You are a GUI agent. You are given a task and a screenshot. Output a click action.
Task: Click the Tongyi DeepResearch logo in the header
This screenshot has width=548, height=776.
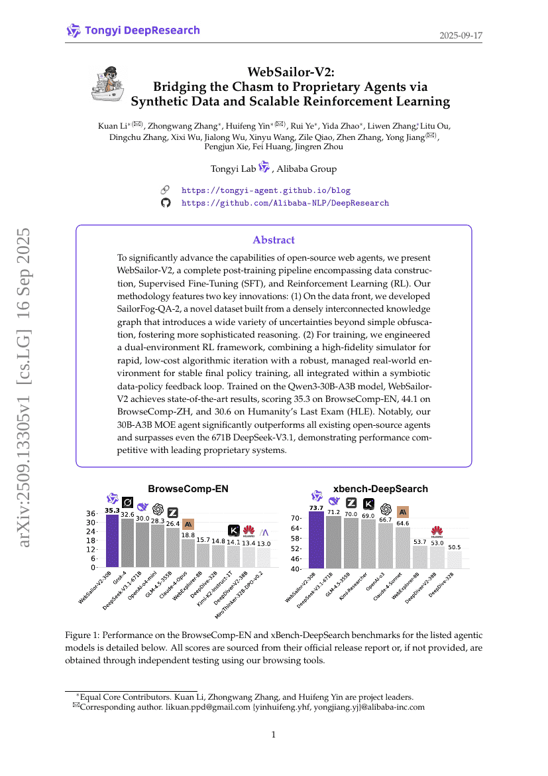[133, 31]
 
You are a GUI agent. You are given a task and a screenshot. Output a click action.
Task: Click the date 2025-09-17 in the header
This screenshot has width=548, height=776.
[461, 34]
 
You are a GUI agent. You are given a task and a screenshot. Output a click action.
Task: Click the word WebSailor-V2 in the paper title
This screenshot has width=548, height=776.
[290, 72]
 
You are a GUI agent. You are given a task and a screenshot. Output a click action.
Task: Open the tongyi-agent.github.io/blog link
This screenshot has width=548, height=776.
[266, 190]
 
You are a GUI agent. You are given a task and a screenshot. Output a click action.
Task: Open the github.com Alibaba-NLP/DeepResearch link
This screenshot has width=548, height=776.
[285, 203]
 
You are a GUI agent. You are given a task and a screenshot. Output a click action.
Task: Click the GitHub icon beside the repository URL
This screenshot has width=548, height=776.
[166, 203]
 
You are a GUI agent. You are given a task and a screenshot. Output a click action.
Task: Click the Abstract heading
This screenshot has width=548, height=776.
[274, 240]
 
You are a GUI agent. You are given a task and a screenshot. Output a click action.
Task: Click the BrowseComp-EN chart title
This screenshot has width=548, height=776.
[188, 489]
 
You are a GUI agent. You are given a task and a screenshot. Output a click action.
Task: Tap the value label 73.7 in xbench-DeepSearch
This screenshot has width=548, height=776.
[317, 508]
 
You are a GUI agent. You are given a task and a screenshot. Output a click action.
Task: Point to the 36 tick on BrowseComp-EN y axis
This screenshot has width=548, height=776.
[90, 513]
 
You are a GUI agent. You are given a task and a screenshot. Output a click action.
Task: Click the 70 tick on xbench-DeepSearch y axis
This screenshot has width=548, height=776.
[296, 518]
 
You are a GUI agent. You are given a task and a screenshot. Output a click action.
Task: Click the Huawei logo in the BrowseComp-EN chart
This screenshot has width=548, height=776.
[249, 530]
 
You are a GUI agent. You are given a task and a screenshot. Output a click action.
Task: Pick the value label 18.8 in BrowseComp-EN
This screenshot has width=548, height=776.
[188, 535]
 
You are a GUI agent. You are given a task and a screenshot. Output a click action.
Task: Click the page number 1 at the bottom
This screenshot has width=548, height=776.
[274, 734]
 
